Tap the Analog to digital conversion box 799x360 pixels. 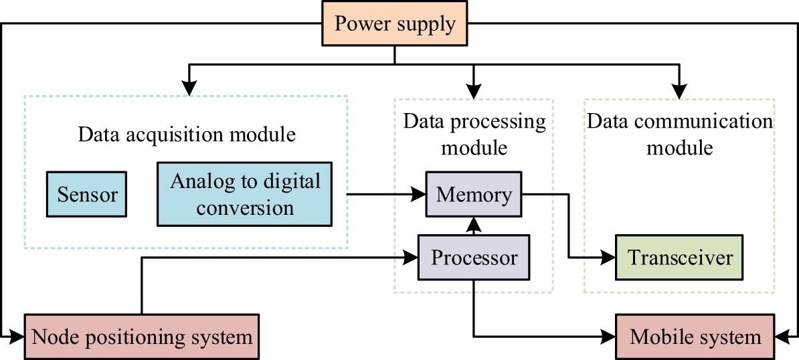(245, 194)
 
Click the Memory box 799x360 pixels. (474, 195)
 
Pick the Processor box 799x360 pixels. (474, 257)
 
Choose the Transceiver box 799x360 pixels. (679, 257)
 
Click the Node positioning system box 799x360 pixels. (142, 336)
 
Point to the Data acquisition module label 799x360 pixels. (187, 134)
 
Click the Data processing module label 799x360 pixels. (474, 134)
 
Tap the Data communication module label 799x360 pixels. (679, 134)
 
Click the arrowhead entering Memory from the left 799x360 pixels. (420, 195)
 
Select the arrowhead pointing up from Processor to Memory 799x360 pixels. (474, 223)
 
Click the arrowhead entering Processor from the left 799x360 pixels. (411, 257)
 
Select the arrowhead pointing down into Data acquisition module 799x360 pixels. (191, 89)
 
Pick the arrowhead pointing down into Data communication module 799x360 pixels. (680, 89)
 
